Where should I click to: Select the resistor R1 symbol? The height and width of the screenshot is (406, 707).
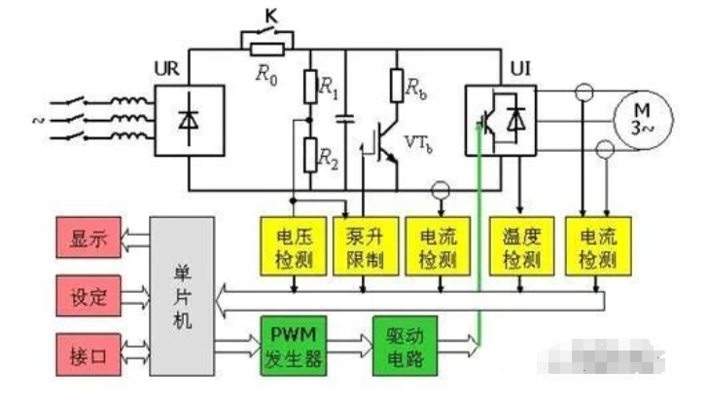tap(307, 87)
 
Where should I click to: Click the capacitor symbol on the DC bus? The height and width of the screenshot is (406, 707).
tap(343, 120)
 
